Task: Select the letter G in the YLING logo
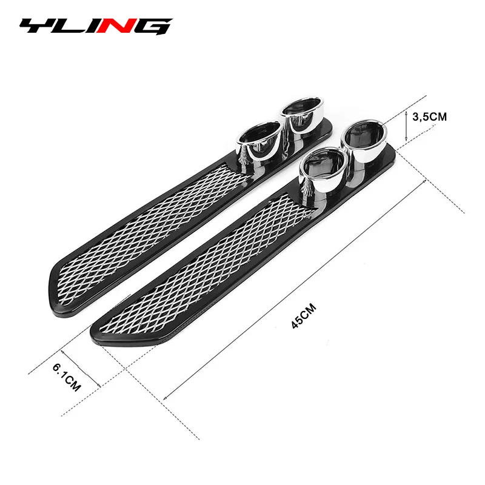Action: click(x=153, y=27)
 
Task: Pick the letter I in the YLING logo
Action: click(x=97, y=27)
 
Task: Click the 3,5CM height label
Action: click(x=429, y=117)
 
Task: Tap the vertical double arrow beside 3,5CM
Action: click(x=406, y=126)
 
